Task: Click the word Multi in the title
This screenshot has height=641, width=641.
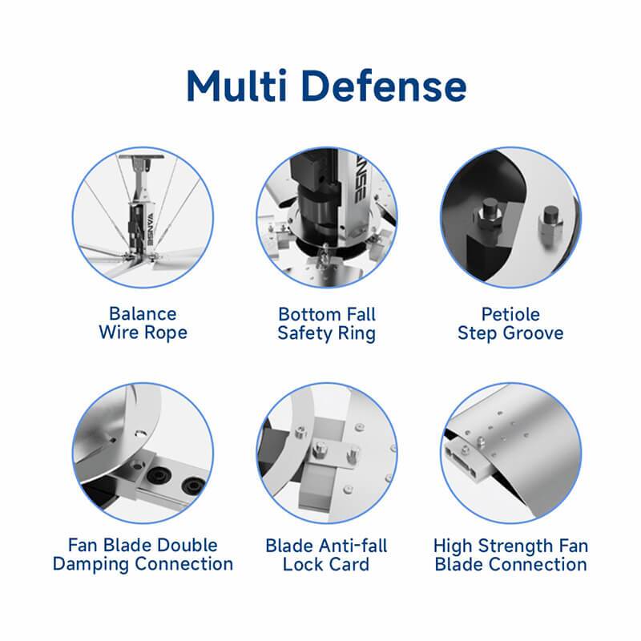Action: coord(236,87)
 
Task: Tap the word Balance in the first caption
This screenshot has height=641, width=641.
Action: coord(143,314)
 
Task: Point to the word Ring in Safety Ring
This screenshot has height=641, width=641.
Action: coord(357,333)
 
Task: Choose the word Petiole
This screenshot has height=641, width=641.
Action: coord(510,314)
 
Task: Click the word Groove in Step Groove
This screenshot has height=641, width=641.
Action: coord(533,333)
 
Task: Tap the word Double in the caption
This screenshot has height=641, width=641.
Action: coord(187,545)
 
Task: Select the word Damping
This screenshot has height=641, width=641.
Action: coord(91,564)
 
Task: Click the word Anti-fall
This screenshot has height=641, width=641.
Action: coord(353,546)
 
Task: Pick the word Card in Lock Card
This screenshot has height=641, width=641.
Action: coord(349,565)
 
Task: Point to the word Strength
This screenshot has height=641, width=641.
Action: coord(513,546)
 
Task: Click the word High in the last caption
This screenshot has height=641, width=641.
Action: coord(454,546)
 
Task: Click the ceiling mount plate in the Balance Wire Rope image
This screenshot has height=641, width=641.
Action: coord(141,156)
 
